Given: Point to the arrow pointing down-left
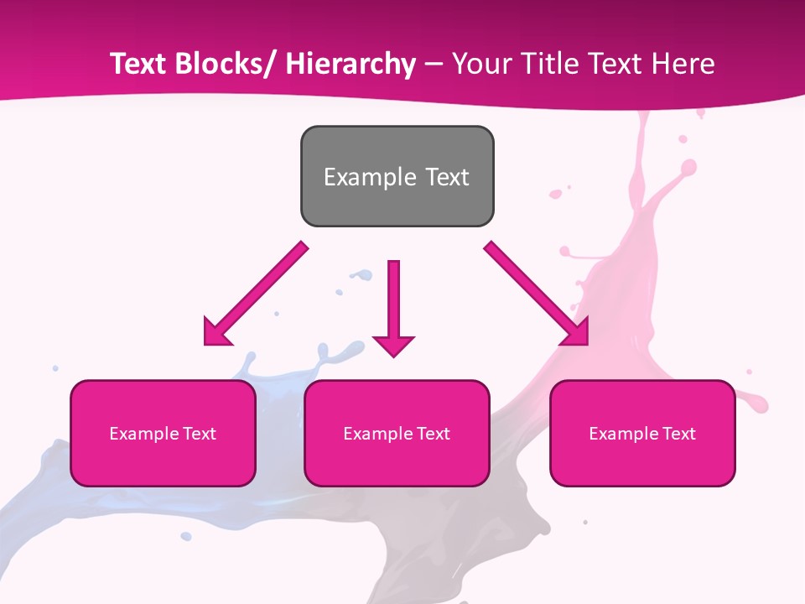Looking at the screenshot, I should tap(256, 294).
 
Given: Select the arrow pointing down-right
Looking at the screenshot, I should tap(537, 294).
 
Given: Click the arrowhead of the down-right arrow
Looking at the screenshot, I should tap(577, 334).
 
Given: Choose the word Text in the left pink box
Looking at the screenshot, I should tap(196, 434).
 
